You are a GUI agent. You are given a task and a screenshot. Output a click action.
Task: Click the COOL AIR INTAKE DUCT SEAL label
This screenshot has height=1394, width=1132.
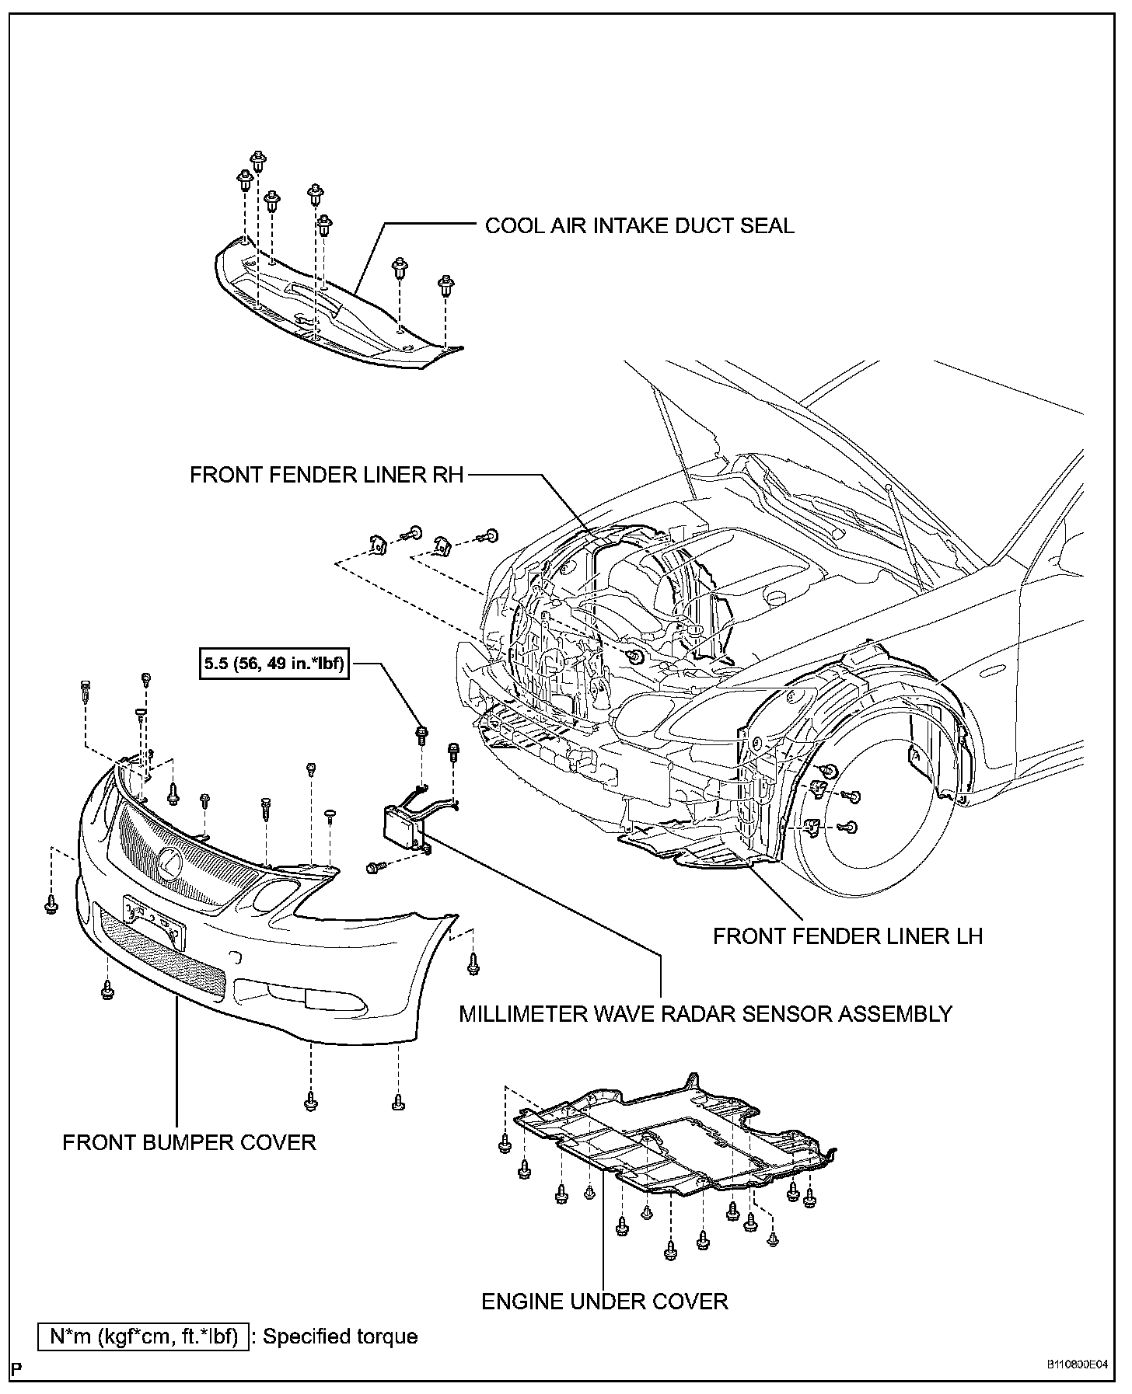pyautogui.click(x=639, y=226)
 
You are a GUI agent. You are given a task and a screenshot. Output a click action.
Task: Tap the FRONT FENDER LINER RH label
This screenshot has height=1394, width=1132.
pyautogui.click(x=327, y=475)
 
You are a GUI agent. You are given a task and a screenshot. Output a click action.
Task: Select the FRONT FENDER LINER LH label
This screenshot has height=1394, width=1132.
pyautogui.click(x=847, y=936)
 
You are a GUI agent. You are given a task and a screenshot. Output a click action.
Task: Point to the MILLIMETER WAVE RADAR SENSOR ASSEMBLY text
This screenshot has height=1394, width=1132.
pyautogui.click(x=705, y=1014)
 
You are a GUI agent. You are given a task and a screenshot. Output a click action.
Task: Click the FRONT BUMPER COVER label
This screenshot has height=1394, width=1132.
pyautogui.click(x=189, y=1142)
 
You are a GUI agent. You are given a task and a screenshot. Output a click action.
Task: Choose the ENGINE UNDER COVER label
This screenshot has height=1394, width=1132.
pyautogui.click(x=605, y=1302)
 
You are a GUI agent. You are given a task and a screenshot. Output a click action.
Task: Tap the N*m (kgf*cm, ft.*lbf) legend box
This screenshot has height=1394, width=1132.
pyautogui.click(x=144, y=1337)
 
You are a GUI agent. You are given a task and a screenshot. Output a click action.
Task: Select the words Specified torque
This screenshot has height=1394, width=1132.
pyautogui.click(x=341, y=1337)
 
